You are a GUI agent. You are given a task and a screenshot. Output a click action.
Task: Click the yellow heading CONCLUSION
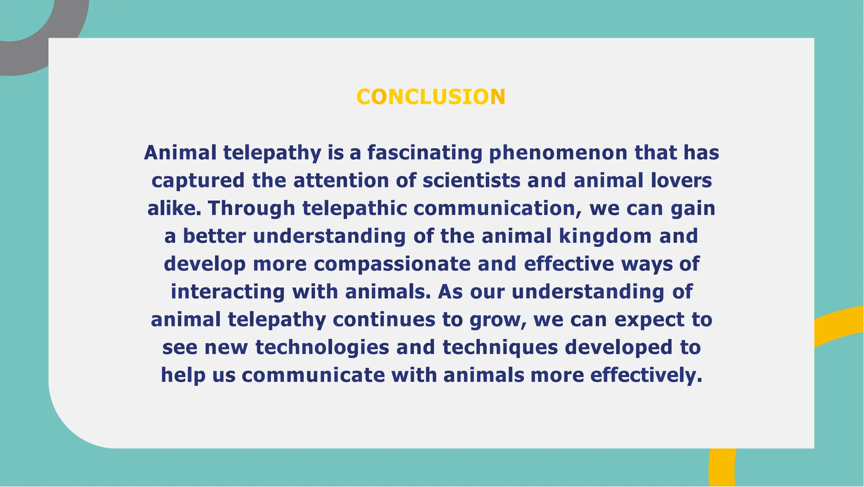[x=431, y=97]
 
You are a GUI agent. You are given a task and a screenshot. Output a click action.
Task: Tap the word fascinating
[x=424, y=152]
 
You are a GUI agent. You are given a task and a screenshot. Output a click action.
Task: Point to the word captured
[x=198, y=180]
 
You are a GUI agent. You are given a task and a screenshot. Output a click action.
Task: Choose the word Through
[x=251, y=208]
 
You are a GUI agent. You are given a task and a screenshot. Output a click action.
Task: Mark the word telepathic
[x=354, y=208]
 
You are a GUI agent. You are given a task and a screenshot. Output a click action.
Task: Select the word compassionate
[x=392, y=264]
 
